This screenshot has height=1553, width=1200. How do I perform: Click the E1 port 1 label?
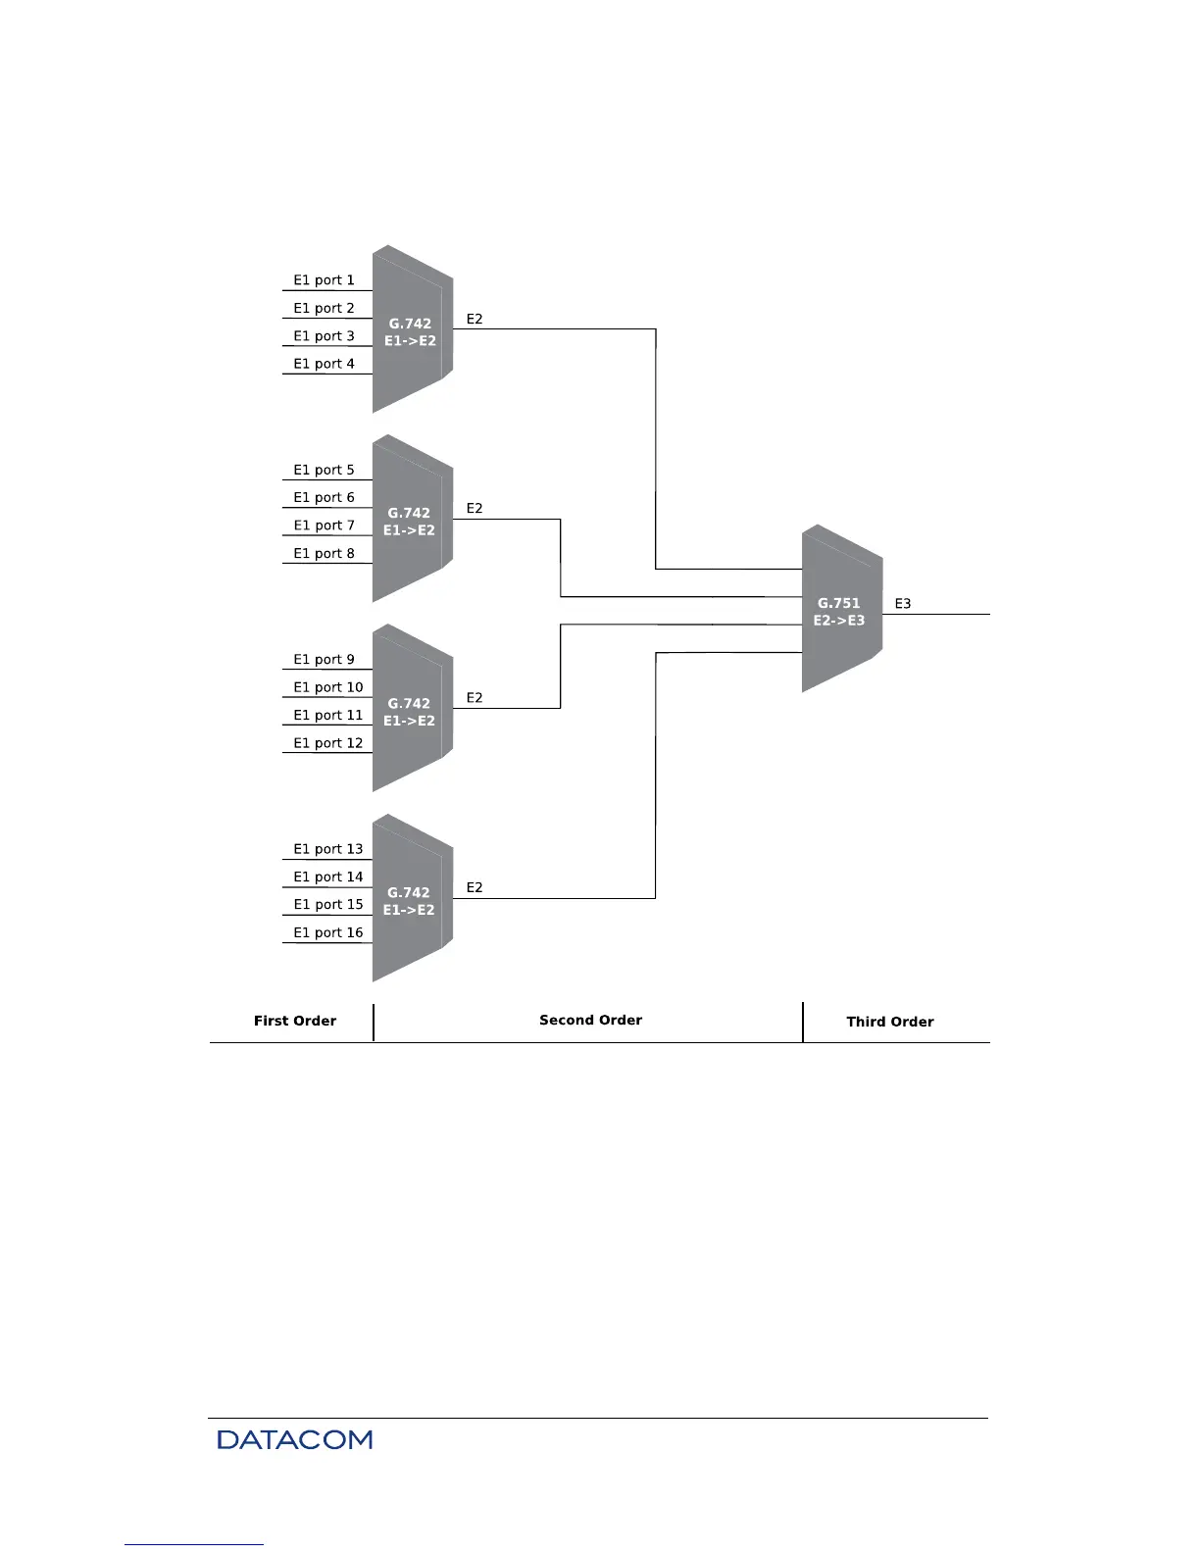click(x=324, y=280)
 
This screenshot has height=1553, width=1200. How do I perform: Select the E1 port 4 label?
click(x=324, y=364)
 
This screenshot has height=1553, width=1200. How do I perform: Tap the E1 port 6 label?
click(x=324, y=498)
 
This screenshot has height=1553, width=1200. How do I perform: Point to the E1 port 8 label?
click(x=324, y=554)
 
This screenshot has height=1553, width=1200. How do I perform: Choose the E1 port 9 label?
click(x=324, y=660)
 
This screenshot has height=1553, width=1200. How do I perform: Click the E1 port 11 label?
click(x=327, y=716)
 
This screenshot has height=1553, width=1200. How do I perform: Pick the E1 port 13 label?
click(x=327, y=849)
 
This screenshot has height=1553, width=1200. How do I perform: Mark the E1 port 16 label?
click(x=327, y=932)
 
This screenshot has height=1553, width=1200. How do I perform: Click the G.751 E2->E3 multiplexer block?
click(x=840, y=611)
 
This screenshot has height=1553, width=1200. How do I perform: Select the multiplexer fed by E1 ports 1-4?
click(x=411, y=330)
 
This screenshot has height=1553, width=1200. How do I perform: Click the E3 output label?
click(x=903, y=604)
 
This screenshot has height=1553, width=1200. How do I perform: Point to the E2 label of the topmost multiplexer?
click(x=475, y=320)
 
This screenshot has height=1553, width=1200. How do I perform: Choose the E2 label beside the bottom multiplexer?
click(x=475, y=888)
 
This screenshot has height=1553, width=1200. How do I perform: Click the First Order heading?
click(x=294, y=1021)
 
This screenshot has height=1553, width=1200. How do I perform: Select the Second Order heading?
click(x=590, y=1020)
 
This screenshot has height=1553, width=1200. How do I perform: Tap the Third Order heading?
click(x=889, y=1022)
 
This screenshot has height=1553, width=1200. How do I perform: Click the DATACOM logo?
click(x=294, y=1439)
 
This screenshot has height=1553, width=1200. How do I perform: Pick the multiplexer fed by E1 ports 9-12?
click(x=411, y=710)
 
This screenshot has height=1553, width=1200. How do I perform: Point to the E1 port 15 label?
click(x=327, y=905)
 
